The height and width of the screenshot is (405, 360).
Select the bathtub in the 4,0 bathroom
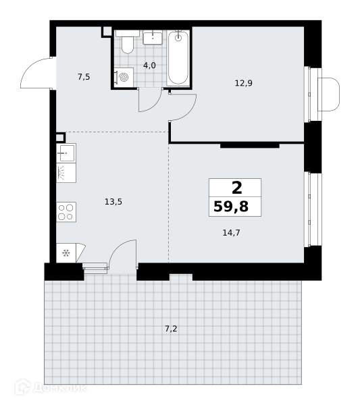coord(178,58)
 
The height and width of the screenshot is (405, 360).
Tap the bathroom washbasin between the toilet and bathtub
coord(153,37)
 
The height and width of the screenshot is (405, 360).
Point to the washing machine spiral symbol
coord(124,77)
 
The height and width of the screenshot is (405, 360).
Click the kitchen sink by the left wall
coord(66,153)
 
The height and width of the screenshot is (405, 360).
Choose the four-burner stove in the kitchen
coord(66,212)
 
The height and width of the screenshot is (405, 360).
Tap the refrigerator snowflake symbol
coord(66,253)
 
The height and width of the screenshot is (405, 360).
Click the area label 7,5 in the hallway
coord(84,77)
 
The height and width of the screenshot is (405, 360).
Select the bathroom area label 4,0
coord(150,65)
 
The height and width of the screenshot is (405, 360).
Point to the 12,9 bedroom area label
coord(244,83)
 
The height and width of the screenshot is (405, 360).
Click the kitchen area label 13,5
coord(113,201)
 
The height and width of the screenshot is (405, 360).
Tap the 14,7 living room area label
coord(231,233)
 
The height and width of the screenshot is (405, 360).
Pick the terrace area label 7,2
coord(171,329)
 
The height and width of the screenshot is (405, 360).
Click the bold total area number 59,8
coord(231,207)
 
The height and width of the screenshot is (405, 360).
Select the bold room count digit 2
coord(236,188)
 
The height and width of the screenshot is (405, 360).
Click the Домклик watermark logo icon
coord(23,387)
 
